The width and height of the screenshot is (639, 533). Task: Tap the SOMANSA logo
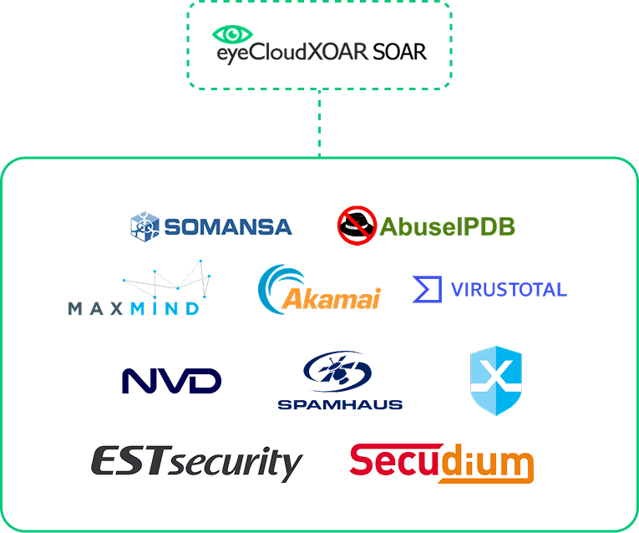210,226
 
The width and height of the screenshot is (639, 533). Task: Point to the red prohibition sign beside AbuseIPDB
356,225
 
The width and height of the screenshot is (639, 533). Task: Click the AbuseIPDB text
447,226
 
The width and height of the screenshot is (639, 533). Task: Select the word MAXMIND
134,308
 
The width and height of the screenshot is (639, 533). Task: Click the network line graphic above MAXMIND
167,282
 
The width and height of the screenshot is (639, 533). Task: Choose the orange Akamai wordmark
332,298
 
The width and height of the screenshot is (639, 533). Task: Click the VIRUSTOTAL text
509,290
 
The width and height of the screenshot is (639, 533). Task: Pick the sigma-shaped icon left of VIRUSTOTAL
427,290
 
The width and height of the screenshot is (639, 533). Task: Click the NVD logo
171,381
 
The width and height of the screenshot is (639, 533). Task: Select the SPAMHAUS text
340,404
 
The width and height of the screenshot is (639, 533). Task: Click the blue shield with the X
496,380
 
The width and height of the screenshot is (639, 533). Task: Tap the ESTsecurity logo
196,464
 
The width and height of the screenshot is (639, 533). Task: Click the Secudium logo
441,464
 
